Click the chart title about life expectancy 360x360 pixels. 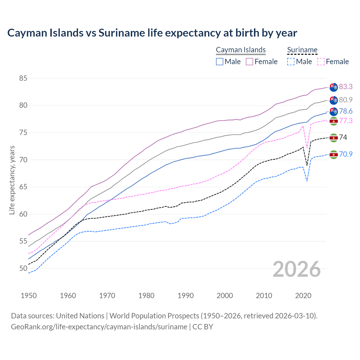(x=152, y=33)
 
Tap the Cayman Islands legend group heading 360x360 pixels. (x=241, y=50)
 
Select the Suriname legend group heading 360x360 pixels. (x=302, y=50)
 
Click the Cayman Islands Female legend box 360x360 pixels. (x=249, y=62)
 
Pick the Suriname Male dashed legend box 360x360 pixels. (x=291, y=62)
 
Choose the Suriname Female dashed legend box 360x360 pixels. (x=321, y=62)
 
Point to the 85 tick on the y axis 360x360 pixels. (x=23, y=78)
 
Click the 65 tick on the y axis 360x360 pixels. (x=23, y=187)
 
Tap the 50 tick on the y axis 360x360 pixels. (x=23, y=268)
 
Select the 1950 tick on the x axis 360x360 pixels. (x=29, y=296)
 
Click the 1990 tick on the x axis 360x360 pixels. (x=186, y=296)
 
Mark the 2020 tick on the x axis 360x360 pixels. (x=303, y=296)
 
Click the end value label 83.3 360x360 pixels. (x=346, y=87)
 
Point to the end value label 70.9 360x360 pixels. (x=346, y=154)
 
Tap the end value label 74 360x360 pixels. (x=343, y=137)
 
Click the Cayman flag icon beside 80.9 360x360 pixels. (x=334, y=100)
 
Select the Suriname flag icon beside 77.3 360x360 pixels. (x=334, y=121)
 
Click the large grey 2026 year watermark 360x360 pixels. (x=297, y=269)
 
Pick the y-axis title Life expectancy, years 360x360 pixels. (x=12, y=180)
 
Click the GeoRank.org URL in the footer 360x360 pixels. (x=99, y=327)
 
